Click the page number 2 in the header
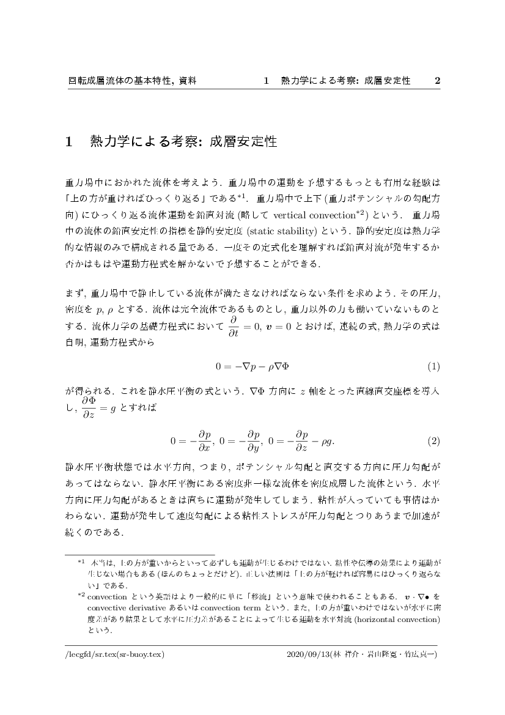coord(437,81)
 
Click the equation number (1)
coord(433,367)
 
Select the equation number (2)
coord(433,440)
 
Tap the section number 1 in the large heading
coord(69,143)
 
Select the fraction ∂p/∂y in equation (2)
coord(253,440)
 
